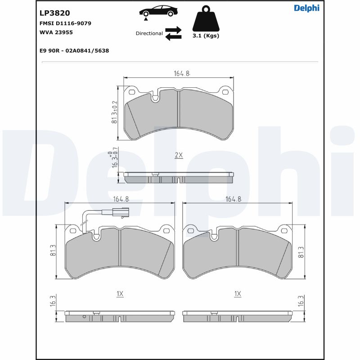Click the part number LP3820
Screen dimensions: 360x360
[x=54, y=13]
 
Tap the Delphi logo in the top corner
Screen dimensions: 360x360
[x=306, y=8]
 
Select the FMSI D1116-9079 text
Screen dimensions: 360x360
[x=65, y=23]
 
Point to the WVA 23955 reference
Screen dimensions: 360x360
[x=56, y=32]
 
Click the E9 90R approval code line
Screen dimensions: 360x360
[x=74, y=50]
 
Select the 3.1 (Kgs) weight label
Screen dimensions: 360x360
[x=206, y=36]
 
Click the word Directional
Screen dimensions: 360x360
[x=149, y=33]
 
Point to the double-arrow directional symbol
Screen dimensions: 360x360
[x=173, y=33]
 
